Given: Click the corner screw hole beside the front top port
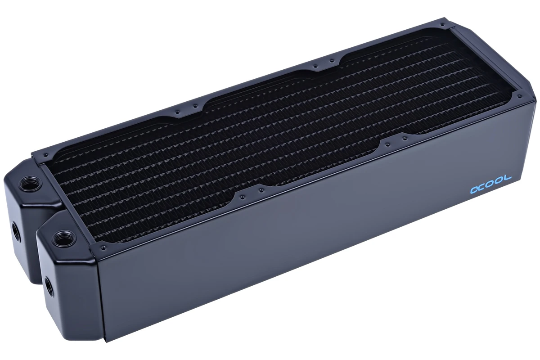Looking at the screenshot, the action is [103, 247].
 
